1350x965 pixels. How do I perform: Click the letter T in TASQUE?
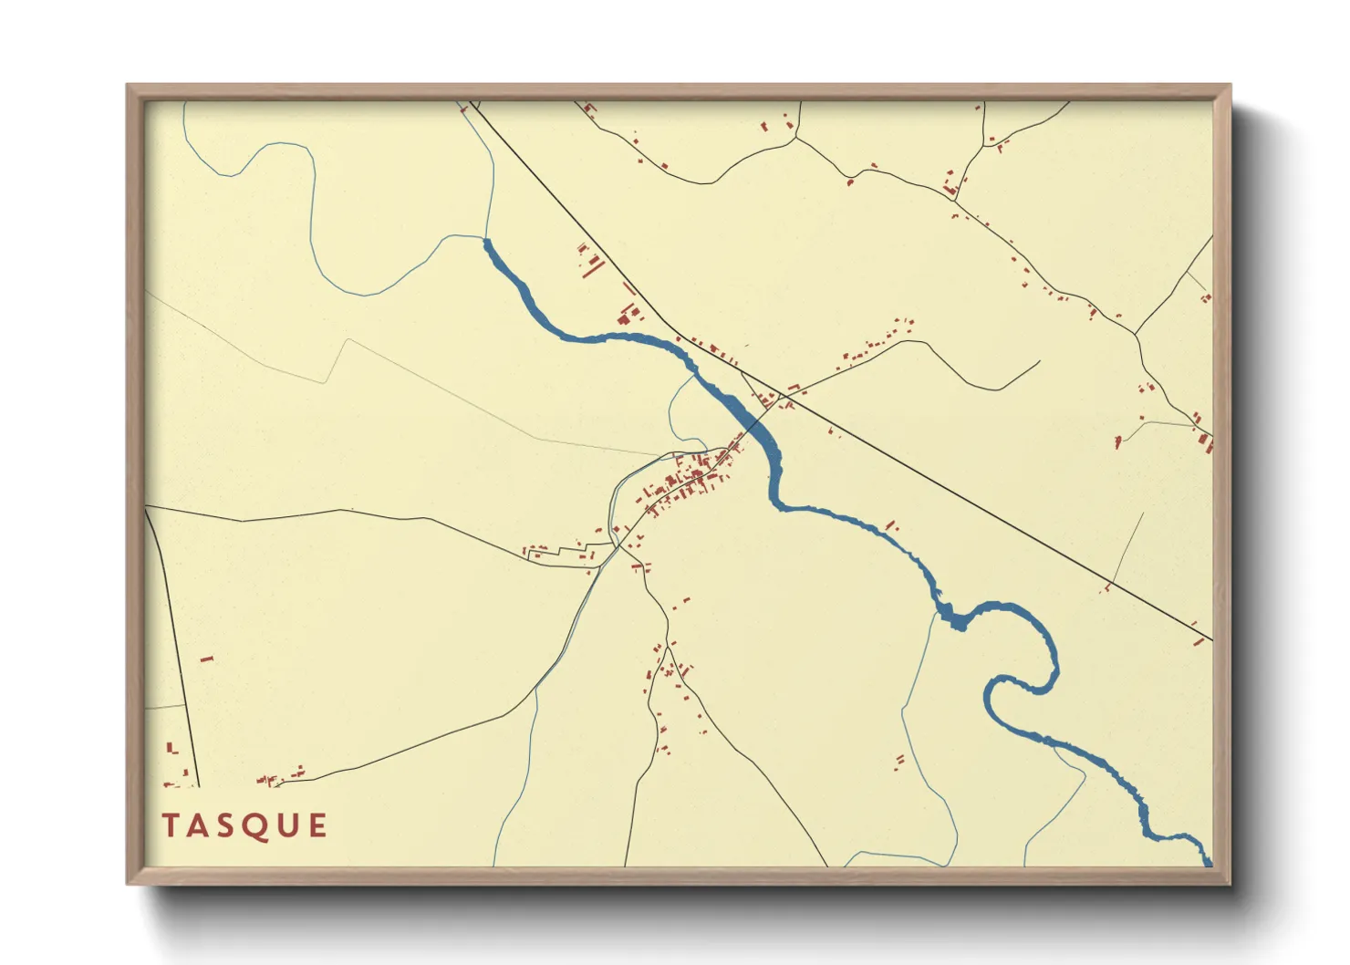[x=170, y=825]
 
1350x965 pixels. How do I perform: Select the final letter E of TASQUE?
[x=317, y=825]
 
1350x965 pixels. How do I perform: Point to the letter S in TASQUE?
[x=222, y=825]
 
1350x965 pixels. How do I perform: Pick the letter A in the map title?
[x=195, y=825]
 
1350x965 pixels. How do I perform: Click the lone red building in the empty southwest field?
[x=206, y=658]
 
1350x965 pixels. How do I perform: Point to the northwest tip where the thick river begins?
[x=485, y=242]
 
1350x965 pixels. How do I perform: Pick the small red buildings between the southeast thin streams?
[x=899, y=760]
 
